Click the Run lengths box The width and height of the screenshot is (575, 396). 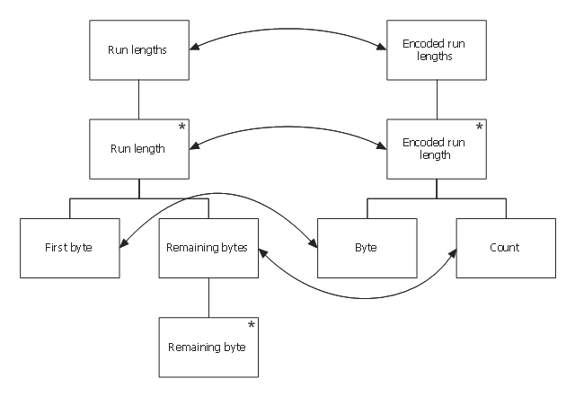(138, 51)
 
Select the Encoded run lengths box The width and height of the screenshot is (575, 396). (437, 51)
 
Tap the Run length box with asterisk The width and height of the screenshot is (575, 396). (138, 148)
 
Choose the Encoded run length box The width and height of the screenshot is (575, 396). (437, 148)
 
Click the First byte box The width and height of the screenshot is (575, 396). (69, 247)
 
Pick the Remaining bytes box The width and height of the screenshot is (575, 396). (208, 247)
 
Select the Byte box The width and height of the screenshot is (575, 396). (367, 247)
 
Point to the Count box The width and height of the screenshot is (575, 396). (506, 247)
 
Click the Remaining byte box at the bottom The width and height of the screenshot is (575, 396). (208, 346)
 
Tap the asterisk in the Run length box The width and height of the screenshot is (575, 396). (181, 128)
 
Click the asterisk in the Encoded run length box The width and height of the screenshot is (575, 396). (479, 128)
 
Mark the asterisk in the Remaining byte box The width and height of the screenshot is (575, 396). (251, 324)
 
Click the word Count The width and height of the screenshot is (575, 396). (506, 247)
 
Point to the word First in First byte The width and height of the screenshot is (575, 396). (56, 247)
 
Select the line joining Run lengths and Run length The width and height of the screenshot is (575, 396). (138, 100)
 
